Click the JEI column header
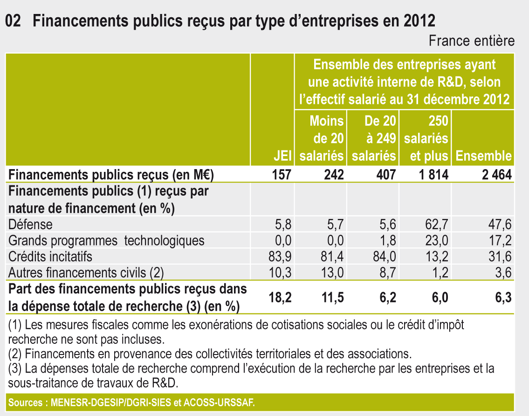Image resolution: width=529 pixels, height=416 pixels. coord(283,156)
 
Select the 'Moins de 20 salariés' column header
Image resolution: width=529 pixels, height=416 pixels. coord(322,139)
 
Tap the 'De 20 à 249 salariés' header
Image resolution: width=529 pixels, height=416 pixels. coord(374,139)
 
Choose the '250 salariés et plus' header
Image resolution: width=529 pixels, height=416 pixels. coord(426,139)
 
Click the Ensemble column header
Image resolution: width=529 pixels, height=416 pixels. coord(483,156)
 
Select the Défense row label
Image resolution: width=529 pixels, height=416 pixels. coord(31,225)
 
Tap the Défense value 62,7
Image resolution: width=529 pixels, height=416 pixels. coord(438,225)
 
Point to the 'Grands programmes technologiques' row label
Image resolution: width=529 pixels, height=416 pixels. coord(106,240)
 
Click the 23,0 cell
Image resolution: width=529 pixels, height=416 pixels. coord(438,240)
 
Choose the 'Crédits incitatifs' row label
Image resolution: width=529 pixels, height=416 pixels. coord(50,256)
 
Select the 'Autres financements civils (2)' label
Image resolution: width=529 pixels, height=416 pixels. coord(86,272)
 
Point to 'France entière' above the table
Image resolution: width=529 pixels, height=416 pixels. coord(472,41)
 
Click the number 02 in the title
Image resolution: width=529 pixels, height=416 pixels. coord(14,21)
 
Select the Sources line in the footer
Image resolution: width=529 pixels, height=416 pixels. coord(131,402)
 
